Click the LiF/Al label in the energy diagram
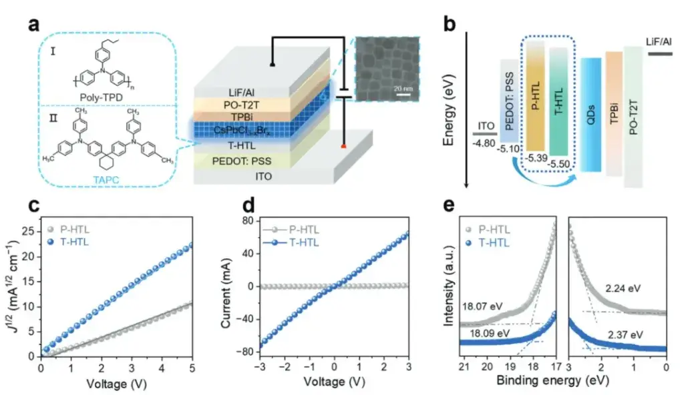click(x=660, y=42)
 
